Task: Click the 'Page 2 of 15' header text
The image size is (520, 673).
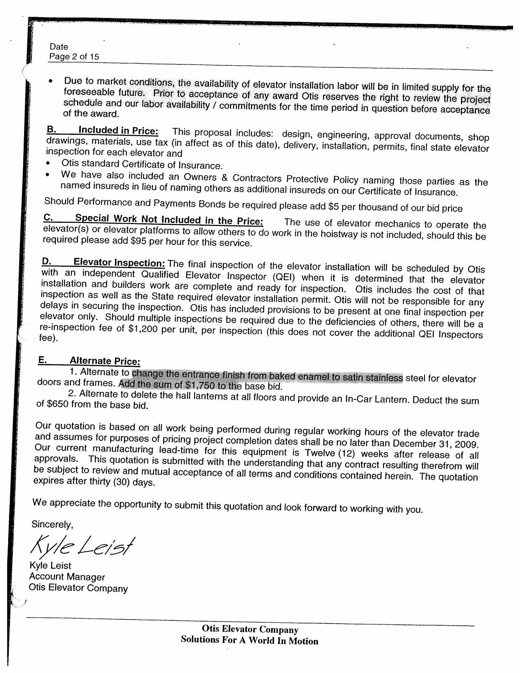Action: [74, 57]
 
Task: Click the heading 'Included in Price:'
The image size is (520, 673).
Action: [118, 131]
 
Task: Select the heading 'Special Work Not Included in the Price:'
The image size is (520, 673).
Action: [169, 220]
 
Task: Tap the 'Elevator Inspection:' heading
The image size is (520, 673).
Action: [119, 262]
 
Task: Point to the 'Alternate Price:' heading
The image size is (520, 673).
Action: [105, 361]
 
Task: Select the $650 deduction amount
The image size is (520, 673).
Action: [57, 404]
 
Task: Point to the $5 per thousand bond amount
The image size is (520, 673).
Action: [333, 207]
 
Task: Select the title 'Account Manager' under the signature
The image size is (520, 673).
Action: [67, 577]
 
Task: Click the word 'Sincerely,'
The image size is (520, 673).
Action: [52, 524]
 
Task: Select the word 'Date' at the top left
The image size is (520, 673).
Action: [59, 47]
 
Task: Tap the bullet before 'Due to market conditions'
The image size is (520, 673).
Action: [50, 82]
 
